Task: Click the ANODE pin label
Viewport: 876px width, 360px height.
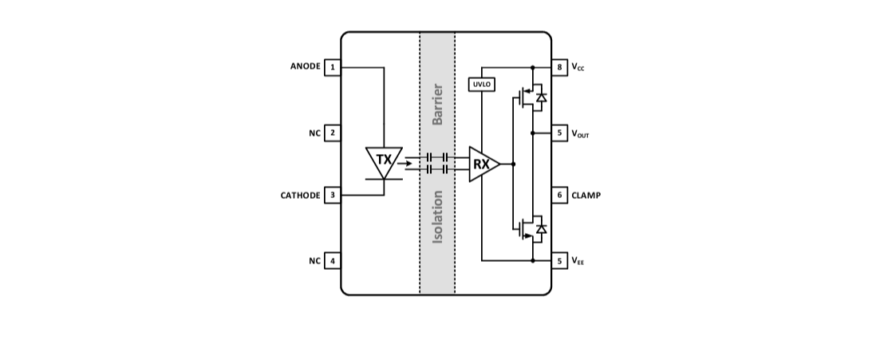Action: click(305, 66)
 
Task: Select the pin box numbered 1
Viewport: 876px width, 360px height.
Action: click(333, 68)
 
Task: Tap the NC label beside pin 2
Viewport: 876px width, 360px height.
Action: click(314, 133)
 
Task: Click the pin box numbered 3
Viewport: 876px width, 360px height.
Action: click(333, 195)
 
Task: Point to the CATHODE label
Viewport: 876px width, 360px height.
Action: click(301, 196)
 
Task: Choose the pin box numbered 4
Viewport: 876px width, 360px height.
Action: click(333, 260)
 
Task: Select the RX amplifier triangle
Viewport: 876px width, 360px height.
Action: click(483, 164)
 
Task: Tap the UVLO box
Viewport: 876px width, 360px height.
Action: click(482, 85)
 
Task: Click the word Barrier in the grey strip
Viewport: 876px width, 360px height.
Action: click(437, 105)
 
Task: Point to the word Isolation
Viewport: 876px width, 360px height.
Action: click(437, 217)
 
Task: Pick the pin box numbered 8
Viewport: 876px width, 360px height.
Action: click(559, 68)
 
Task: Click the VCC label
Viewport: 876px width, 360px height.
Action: click(578, 68)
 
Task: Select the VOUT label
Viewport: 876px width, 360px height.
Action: click(580, 134)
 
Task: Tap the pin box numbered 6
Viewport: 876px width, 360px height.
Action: click(559, 195)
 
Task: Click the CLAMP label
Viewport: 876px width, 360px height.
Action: click(586, 196)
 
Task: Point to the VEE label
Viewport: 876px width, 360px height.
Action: click(578, 261)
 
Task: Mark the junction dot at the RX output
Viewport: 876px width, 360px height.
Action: click(514, 164)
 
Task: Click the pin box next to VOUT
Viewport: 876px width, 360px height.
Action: click(559, 133)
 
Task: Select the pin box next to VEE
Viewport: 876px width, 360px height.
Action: click(559, 260)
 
